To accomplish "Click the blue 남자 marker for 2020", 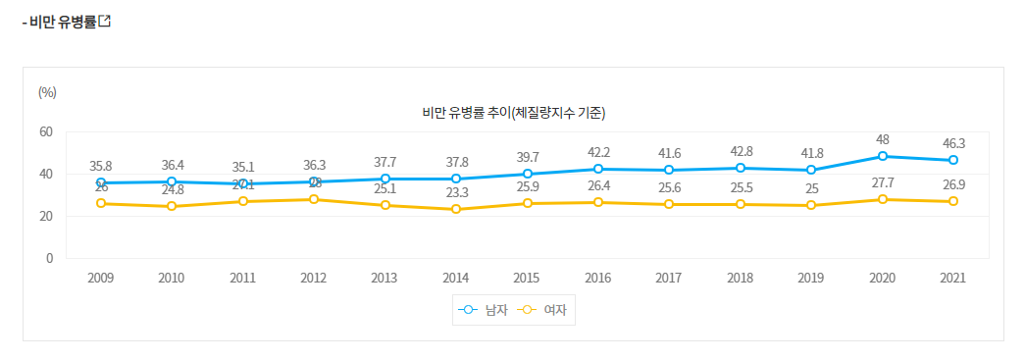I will pos(883,156).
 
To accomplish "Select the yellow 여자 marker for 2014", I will pos(456,209).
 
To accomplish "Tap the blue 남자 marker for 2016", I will pos(598,169).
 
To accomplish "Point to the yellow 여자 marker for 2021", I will pos(953,201).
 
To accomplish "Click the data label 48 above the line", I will pos(883,139).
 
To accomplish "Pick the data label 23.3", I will pos(456,193).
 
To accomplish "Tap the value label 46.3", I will pos(953,143).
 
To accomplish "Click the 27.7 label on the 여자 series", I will pos(883,182).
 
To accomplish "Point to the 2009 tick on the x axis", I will pos(101,278).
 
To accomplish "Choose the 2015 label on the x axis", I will pos(527,278).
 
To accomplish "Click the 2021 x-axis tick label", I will pos(953,278).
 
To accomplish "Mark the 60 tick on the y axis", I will pos(46,132).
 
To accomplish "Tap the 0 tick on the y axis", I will pos(49,258).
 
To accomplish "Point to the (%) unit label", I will pos(47,92).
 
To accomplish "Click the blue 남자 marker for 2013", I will pos(385,179).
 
